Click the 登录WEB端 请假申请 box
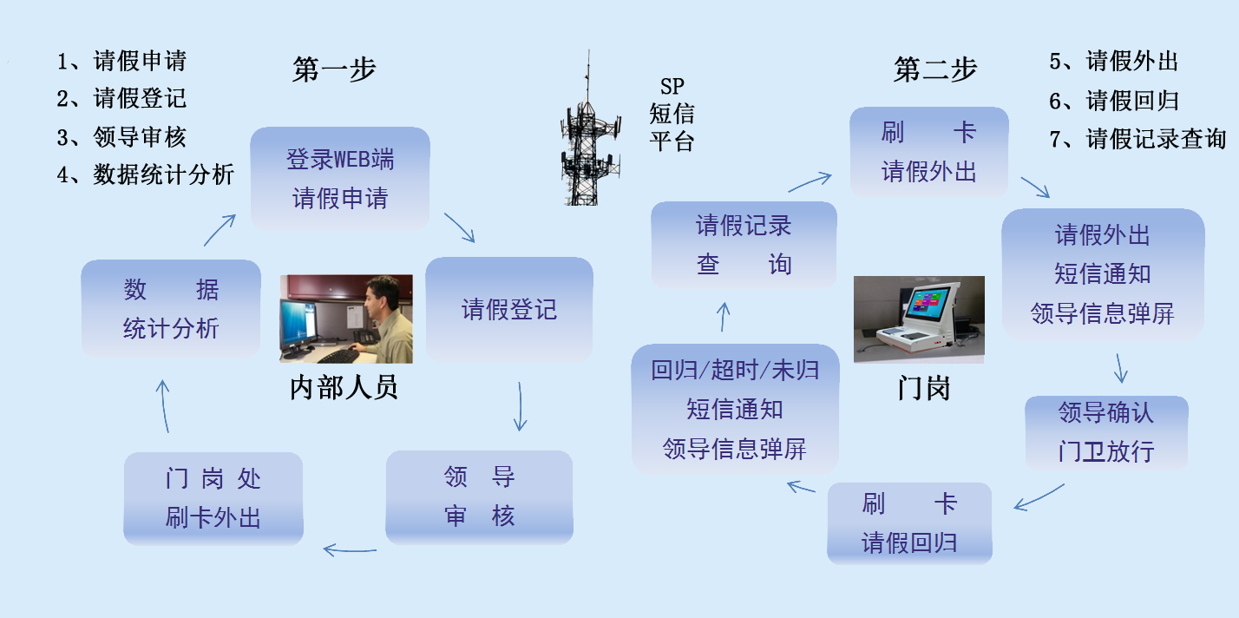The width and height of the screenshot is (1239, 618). pos(340,178)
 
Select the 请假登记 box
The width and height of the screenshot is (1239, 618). pos(508,309)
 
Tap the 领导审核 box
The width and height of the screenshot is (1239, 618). pos(479,496)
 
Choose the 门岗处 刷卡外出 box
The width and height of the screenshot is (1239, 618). pos(213,498)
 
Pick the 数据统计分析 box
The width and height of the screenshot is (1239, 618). pos(171,308)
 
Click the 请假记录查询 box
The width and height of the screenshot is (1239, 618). pos(744,245)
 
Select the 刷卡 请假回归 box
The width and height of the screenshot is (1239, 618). pos(909,523)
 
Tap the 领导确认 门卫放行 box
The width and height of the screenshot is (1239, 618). pos(1106,432)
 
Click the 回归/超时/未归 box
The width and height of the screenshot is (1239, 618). pos(735,409)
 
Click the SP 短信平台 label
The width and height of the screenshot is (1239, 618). pos(672,114)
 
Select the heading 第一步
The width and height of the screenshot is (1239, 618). pos(334,69)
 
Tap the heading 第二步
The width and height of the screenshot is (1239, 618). pos(935,69)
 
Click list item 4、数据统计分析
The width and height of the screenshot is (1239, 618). pos(146,174)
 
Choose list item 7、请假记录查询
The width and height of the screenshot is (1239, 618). pos(1137,138)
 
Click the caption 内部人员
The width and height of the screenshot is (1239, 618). pos(344,387)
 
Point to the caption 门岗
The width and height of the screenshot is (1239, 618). pos(923,387)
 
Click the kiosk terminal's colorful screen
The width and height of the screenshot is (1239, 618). pos(926,303)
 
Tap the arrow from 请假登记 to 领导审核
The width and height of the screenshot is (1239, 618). pos(520,406)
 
